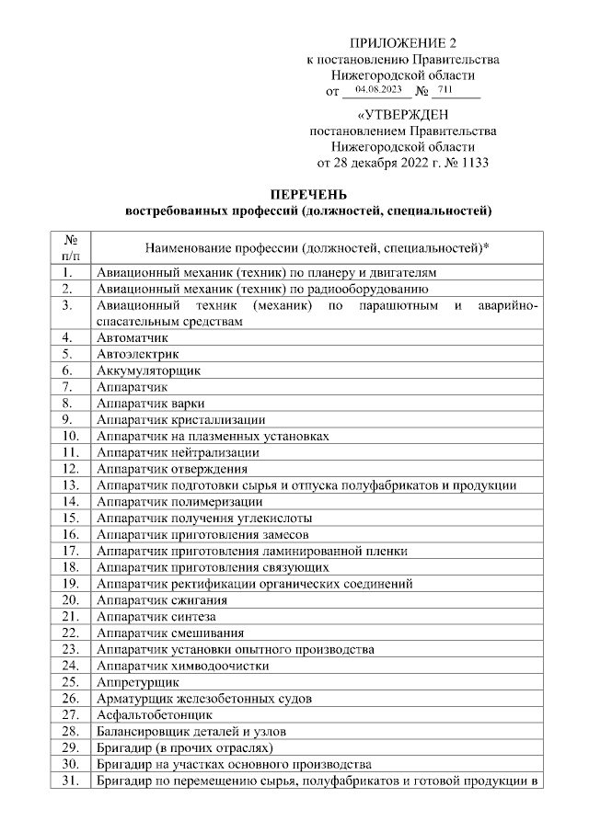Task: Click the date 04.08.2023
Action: tap(379, 90)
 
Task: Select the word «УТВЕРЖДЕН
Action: tap(402, 116)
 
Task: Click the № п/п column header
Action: tap(69, 247)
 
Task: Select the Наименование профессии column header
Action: tap(318, 248)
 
